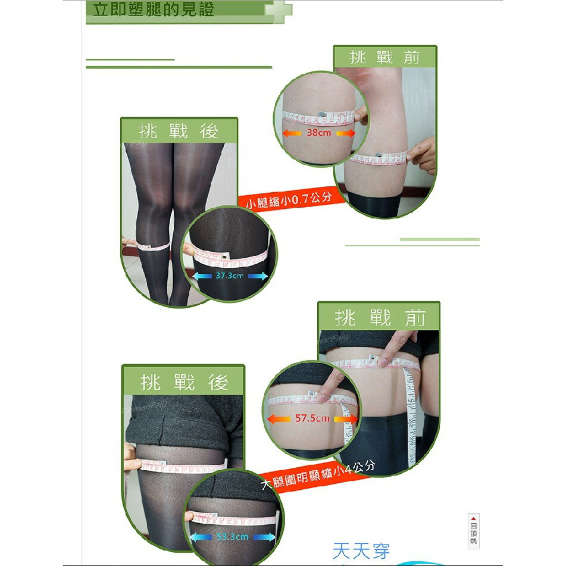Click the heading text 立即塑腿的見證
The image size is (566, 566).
click(x=150, y=10)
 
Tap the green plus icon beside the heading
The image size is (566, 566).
click(x=278, y=11)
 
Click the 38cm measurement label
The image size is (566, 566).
click(x=319, y=133)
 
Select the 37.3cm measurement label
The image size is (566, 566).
click(x=229, y=276)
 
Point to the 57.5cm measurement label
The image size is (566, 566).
click(x=312, y=418)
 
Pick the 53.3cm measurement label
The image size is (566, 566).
click(x=232, y=537)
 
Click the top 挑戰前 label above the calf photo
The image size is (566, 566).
click(x=385, y=58)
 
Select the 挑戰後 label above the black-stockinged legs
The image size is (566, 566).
click(x=179, y=131)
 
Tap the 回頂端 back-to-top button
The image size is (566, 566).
click(x=473, y=530)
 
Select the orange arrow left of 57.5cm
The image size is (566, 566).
click(x=279, y=418)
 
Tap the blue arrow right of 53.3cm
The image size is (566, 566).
click(x=265, y=537)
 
